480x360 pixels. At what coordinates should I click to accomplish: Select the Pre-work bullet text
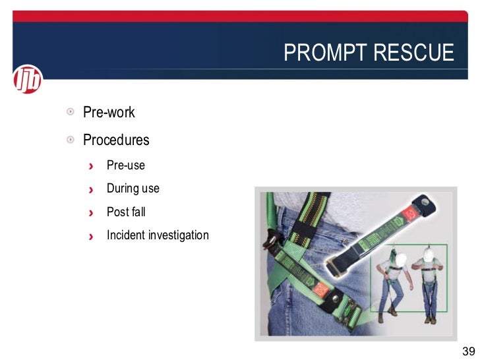point(109,113)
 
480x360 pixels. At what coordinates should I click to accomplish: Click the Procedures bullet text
point(116,140)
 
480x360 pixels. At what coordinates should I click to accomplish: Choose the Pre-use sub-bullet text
point(125,165)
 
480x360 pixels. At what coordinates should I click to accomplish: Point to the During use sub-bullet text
point(133,189)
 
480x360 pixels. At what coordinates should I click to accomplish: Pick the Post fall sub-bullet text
point(126,212)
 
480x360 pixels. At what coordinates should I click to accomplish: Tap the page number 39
point(469,350)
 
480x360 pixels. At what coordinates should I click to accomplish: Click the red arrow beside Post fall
point(92,213)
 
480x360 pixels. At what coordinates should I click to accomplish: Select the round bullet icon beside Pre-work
point(70,112)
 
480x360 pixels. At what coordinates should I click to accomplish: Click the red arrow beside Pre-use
point(92,165)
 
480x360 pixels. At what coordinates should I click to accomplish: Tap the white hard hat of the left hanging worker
point(394,253)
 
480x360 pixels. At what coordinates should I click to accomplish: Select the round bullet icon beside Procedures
point(70,140)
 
